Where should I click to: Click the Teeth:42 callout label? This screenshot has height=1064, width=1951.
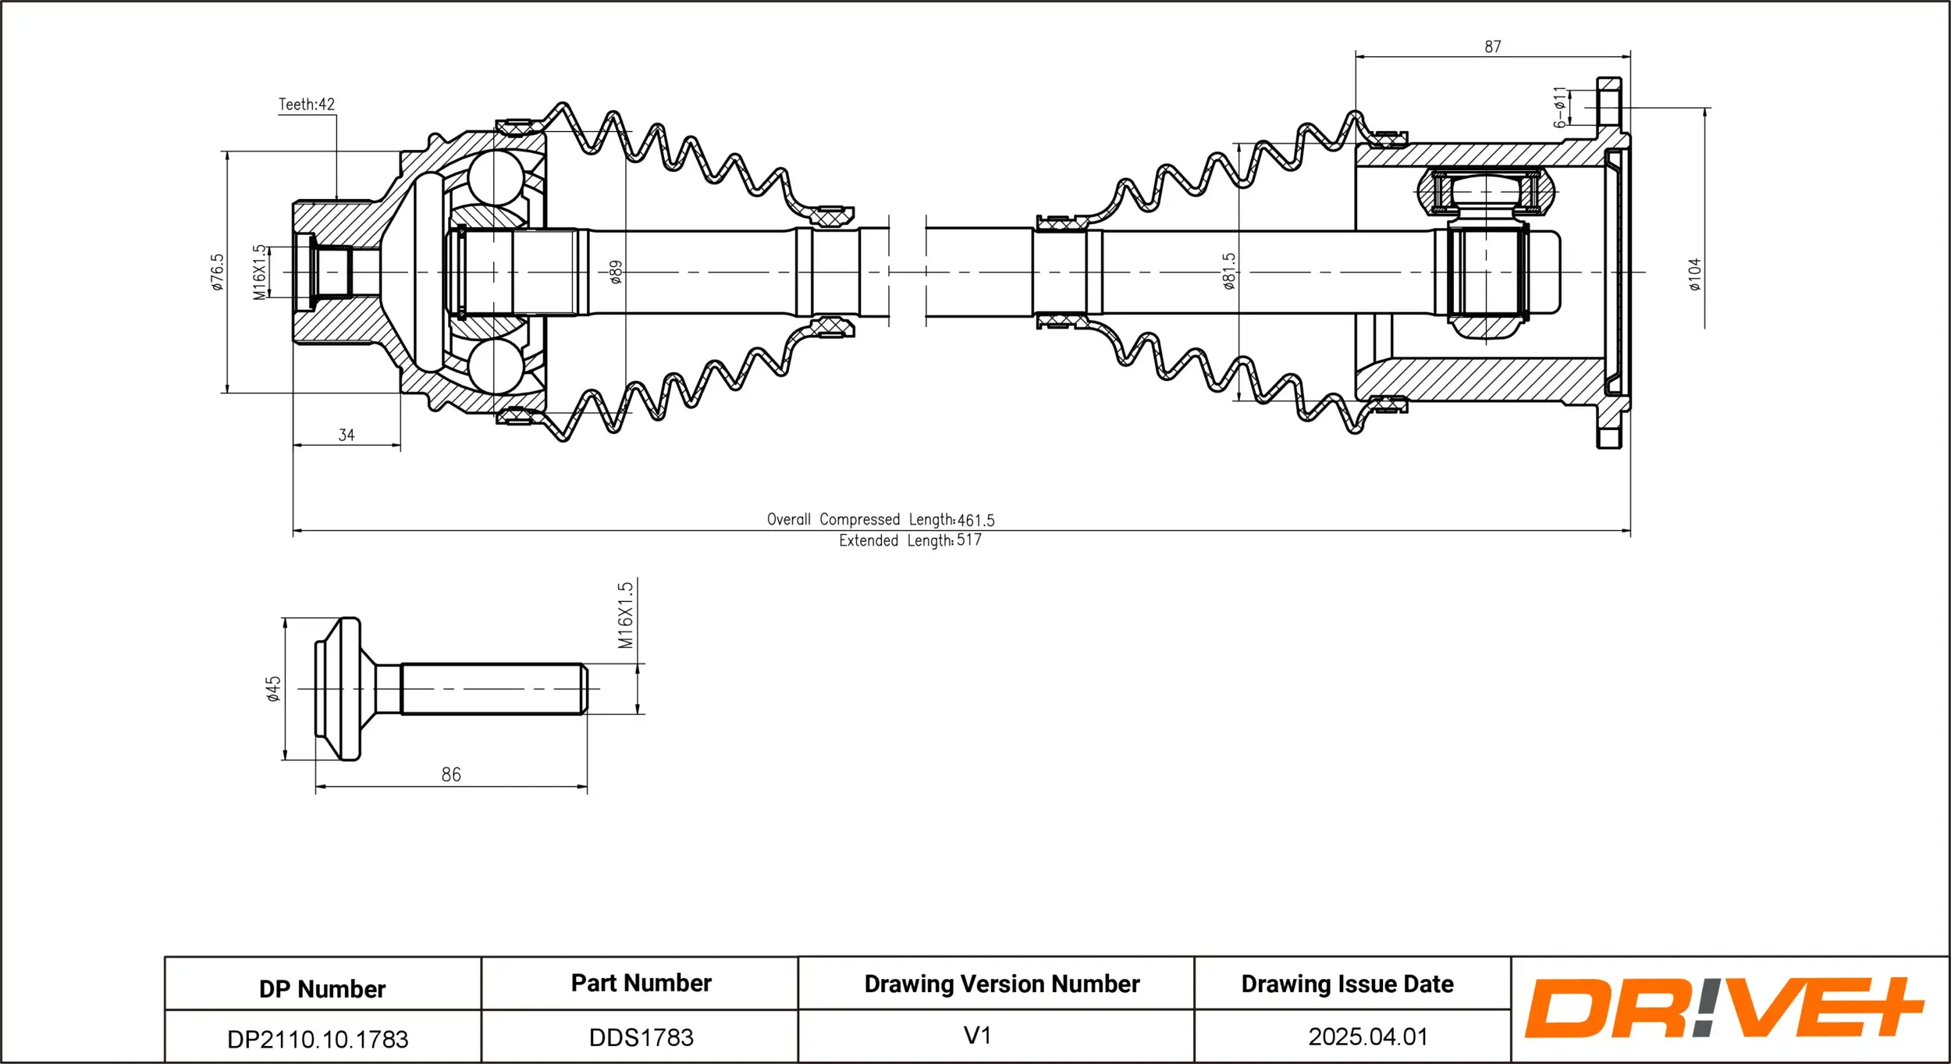(306, 105)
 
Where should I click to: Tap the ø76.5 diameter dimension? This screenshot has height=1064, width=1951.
(217, 272)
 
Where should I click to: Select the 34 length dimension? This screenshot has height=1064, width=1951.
(346, 435)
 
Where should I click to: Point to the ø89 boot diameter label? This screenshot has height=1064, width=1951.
(616, 272)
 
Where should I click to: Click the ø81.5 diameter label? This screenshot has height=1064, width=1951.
(1229, 271)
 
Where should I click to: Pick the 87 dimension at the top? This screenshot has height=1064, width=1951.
(1492, 47)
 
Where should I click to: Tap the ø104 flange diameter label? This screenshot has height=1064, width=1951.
(1695, 274)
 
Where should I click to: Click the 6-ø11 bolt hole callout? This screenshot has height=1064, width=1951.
(1559, 108)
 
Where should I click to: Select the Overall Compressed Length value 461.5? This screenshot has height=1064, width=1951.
(975, 520)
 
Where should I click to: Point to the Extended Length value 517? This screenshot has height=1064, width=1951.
(969, 540)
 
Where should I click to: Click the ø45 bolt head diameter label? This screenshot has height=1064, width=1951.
(273, 689)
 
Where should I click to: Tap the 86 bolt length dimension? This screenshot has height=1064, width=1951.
(451, 774)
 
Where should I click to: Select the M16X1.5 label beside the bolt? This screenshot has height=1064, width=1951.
(625, 615)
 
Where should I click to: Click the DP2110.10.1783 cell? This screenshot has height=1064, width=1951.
(318, 1039)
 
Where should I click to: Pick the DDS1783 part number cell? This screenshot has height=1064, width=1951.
(641, 1037)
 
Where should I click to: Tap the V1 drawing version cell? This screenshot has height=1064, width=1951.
(977, 1036)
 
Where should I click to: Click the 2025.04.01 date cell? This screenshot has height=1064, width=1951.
(1367, 1037)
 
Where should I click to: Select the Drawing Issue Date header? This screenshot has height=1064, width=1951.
(1347, 984)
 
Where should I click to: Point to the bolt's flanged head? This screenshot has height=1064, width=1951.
(339, 689)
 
